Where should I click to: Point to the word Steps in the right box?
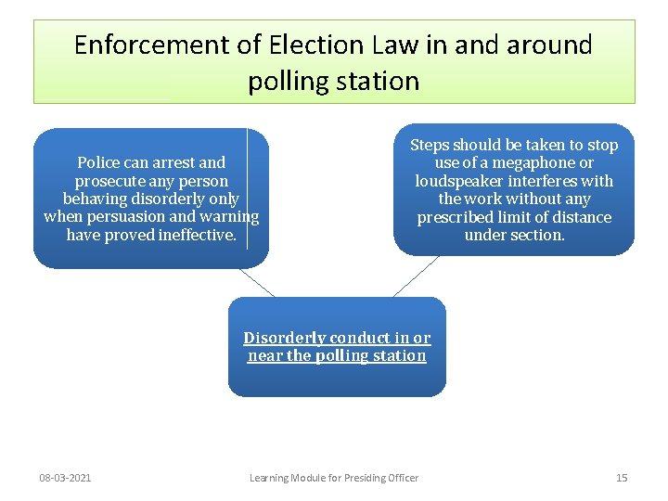430,145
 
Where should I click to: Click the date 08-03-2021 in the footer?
65,478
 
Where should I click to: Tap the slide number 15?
622,478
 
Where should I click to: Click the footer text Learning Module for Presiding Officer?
334,478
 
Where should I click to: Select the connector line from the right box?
415,276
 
